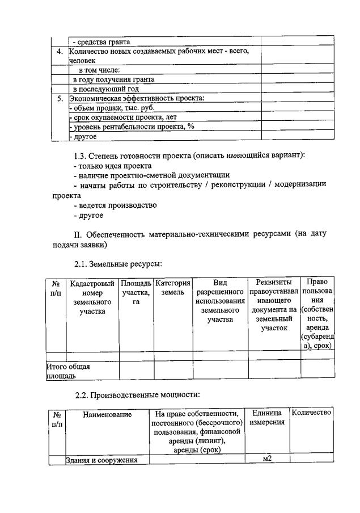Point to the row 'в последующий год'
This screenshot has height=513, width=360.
tap(105, 89)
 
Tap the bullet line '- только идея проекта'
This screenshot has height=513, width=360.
tap(112, 166)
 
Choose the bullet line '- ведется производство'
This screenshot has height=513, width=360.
tap(115, 205)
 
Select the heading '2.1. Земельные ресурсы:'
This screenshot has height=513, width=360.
tap(118, 264)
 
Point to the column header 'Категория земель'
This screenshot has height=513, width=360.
tap(173, 287)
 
